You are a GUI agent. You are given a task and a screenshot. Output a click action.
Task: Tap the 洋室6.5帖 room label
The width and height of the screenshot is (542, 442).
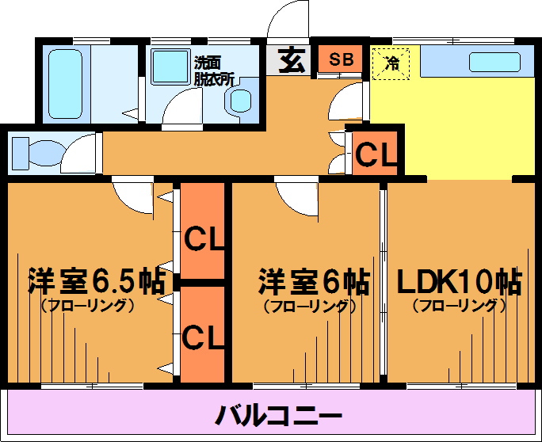click(x=96, y=280)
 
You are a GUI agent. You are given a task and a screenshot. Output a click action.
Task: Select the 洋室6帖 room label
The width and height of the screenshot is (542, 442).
click(x=314, y=280)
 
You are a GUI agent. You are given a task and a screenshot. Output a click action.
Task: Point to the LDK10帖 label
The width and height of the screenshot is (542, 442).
click(x=458, y=280)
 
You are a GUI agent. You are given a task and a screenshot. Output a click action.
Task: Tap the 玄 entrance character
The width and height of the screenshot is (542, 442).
click(x=292, y=61)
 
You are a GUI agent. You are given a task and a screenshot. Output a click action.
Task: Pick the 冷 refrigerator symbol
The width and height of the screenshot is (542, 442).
click(x=391, y=63)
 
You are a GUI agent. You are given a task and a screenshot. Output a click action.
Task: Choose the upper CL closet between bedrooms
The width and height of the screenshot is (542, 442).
click(x=205, y=237)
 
